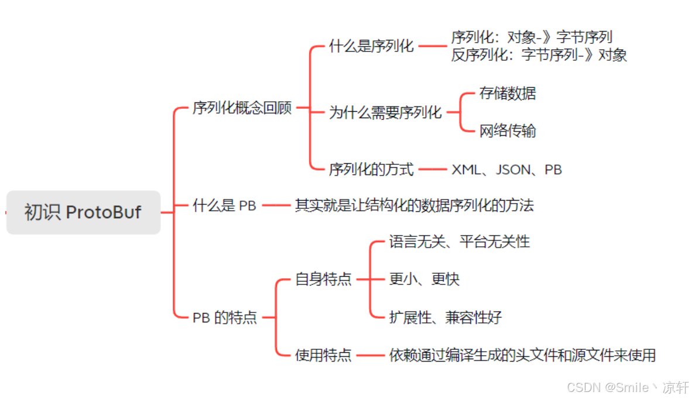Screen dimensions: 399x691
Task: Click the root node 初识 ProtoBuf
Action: (x=83, y=212)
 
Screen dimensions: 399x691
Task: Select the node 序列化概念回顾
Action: (x=242, y=109)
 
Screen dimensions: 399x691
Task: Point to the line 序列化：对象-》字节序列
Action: (x=531, y=37)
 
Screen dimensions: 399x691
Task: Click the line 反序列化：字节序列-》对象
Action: (x=539, y=56)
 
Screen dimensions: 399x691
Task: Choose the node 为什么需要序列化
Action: (x=385, y=112)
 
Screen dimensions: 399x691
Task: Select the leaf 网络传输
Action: (x=507, y=130)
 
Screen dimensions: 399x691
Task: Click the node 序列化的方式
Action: (x=371, y=170)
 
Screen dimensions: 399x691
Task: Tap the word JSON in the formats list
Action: (x=514, y=170)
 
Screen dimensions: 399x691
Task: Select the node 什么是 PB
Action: (x=225, y=205)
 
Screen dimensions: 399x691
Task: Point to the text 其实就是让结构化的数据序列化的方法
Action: (x=414, y=205)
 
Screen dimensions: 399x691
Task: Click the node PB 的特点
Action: (x=225, y=318)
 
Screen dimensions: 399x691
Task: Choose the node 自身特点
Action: (x=323, y=279)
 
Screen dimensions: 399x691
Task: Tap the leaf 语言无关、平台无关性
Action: (x=459, y=242)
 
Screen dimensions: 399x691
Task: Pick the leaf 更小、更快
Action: (x=424, y=279)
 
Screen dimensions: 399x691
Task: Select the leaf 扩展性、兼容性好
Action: (x=445, y=318)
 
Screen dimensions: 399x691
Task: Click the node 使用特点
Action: (x=323, y=355)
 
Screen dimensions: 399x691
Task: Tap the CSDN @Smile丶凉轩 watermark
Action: (x=628, y=387)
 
